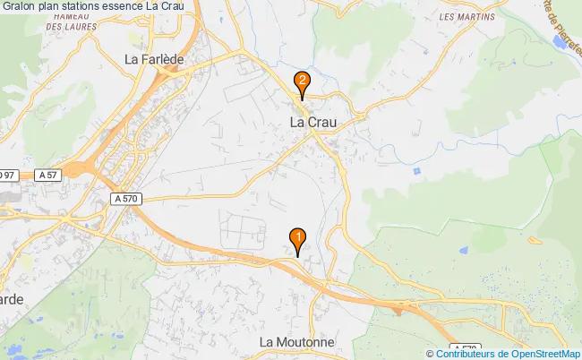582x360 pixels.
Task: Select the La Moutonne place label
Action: click(296, 342)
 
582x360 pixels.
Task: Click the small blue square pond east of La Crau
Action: click(417, 170)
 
